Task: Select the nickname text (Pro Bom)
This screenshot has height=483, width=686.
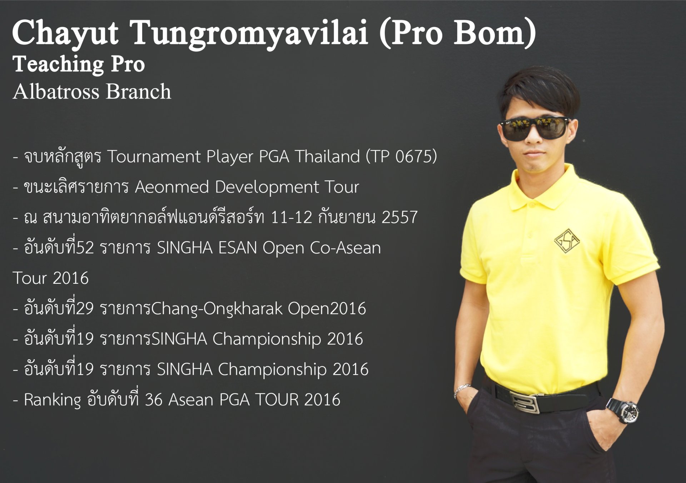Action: (x=458, y=33)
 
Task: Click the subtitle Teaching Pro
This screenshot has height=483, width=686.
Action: (x=79, y=65)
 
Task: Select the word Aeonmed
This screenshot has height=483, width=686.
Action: (x=171, y=187)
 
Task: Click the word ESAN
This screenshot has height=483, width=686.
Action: (x=238, y=248)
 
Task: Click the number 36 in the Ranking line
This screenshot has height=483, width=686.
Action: (x=154, y=400)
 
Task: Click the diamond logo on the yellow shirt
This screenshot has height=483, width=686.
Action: (x=567, y=241)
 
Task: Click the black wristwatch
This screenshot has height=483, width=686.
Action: (x=623, y=411)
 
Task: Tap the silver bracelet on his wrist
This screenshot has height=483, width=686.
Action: (x=461, y=390)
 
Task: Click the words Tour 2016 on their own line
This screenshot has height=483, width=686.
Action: (x=51, y=278)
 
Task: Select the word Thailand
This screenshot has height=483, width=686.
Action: (x=327, y=157)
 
